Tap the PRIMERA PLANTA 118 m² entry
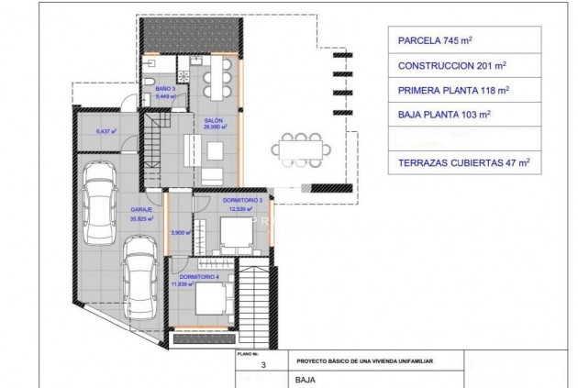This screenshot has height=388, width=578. coord(454,92)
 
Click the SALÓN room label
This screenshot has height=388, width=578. coord(213,122)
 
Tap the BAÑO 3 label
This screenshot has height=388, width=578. coord(165,89)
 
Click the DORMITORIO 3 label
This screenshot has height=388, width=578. coord(243,200)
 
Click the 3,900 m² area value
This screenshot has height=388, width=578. coord(180,233)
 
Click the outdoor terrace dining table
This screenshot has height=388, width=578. coord(296,146)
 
